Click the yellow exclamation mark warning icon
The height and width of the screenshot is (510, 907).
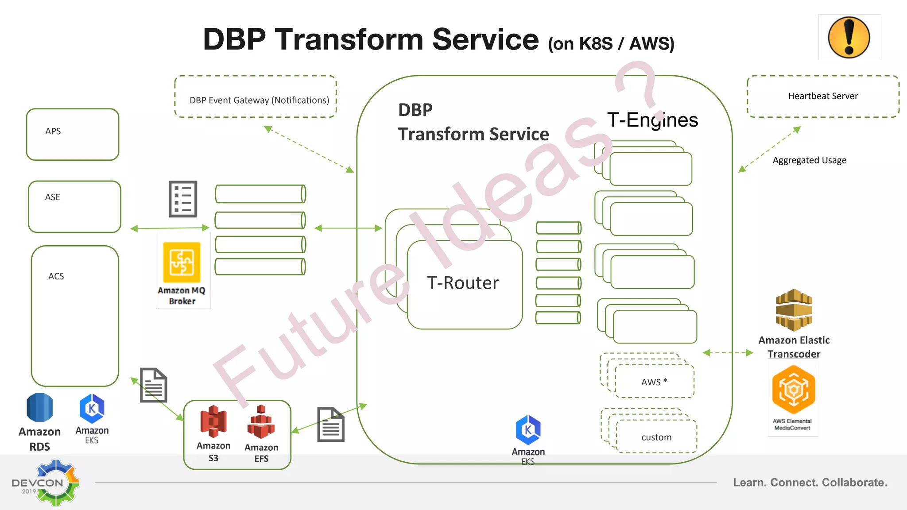click(849, 38)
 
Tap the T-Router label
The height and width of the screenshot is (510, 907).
click(463, 283)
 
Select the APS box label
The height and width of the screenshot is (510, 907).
click(53, 131)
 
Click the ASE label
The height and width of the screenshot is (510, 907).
click(52, 197)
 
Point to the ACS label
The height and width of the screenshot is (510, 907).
click(56, 276)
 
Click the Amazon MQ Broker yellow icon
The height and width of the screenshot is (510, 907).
click(182, 262)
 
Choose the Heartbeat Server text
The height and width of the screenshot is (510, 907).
click(822, 96)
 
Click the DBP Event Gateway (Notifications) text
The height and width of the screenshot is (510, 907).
click(259, 100)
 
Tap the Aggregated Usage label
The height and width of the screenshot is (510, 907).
click(809, 160)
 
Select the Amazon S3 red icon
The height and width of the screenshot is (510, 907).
click(213, 421)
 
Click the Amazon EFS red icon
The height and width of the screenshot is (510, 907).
click(261, 422)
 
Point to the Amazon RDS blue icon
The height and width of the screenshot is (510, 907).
click(39, 408)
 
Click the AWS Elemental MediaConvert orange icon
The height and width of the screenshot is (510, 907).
click(793, 390)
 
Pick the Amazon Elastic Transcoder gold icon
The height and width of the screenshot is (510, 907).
click(794, 310)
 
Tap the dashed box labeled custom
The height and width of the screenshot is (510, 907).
click(656, 437)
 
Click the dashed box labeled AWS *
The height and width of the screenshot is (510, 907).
click(654, 382)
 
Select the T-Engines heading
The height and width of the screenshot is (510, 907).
click(652, 120)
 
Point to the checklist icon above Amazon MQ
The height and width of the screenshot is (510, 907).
click(183, 199)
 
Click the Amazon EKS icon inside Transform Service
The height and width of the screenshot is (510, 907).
click(528, 430)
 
